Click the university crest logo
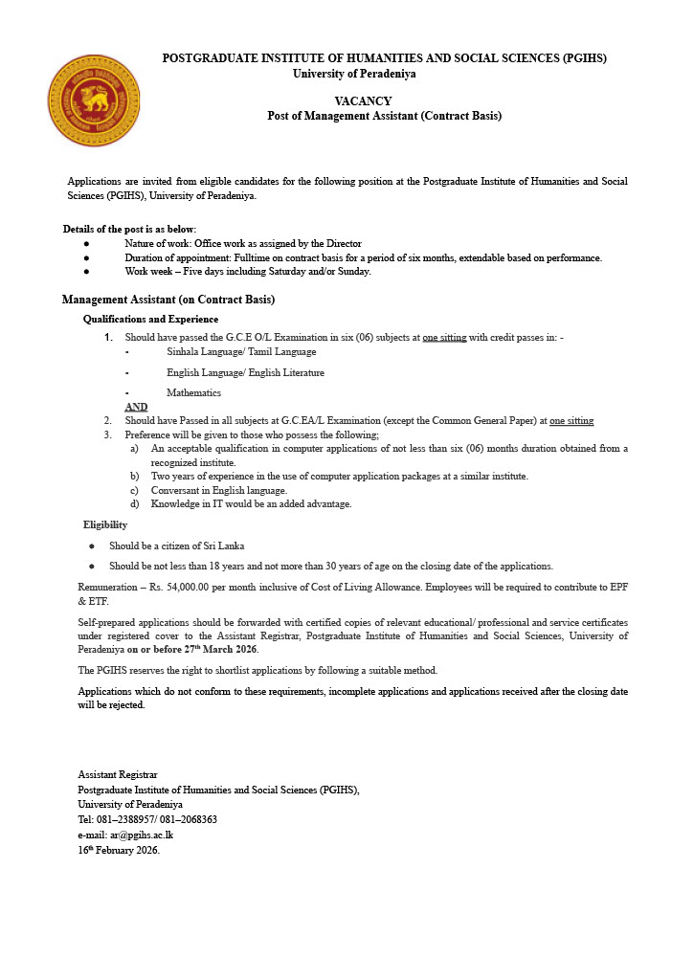click(x=94, y=100)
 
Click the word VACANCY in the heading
click(x=363, y=101)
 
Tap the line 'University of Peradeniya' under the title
click(x=354, y=74)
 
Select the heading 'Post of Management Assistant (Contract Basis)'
click(x=384, y=116)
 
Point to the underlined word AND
click(x=136, y=407)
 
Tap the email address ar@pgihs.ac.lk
click(x=141, y=835)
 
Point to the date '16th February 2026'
click(x=119, y=850)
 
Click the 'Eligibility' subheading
click(x=105, y=524)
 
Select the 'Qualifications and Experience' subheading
click(x=150, y=319)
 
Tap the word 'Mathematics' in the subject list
click(x=193, y=392)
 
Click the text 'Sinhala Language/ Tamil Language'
click(x=240, y=352)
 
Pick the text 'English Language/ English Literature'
click(x=245, y=372)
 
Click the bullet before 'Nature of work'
click(x=86, y=244)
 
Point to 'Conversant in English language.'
click(x=219, y=490)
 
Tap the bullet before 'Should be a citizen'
click(x=92, y=546)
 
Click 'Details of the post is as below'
click(x=129, y=229)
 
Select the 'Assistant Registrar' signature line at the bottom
click(x=118, y=774)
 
